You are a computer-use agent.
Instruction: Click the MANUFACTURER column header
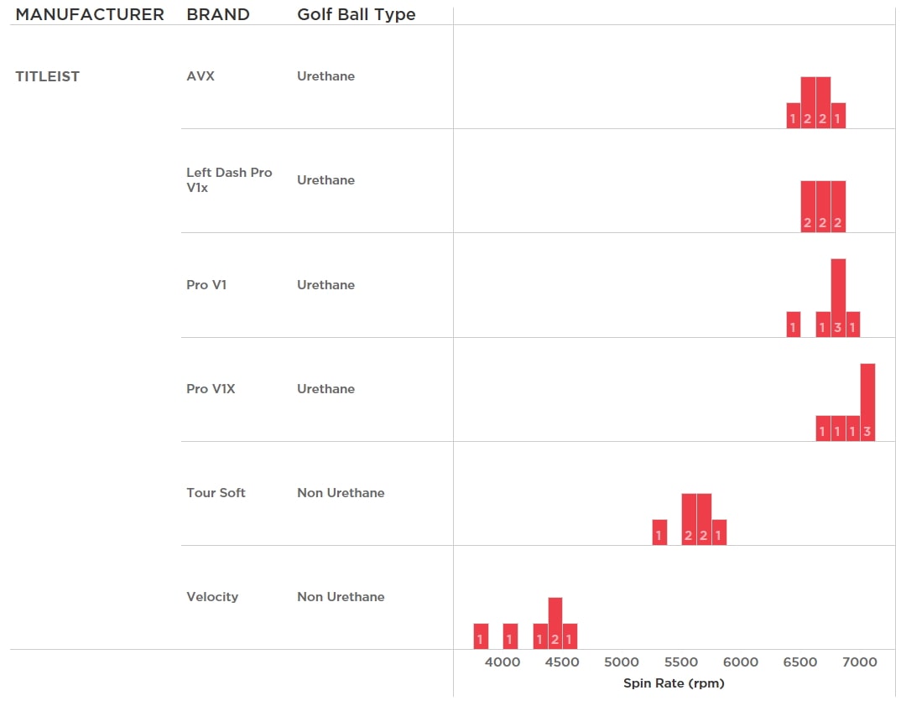coord(90,15)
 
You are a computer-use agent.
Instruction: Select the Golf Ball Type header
coord(357,15)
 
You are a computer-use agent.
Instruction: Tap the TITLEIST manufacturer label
coord(48,76)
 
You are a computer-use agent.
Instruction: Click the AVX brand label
coord(200,76)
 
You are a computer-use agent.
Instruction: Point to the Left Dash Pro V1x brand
coord(229,180)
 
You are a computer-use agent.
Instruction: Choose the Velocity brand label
coord(212,597)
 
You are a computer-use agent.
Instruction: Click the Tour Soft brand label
coord(216,493)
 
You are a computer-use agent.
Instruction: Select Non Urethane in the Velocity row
coord(341,597)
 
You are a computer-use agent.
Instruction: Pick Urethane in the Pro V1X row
coord(325,389)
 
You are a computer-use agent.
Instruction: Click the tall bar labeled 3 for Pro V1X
coord(867,402)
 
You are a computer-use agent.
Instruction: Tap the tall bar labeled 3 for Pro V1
coord(838,298)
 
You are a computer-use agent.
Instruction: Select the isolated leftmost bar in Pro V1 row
coord(793,324)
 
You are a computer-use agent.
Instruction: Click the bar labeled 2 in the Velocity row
coord(555,623)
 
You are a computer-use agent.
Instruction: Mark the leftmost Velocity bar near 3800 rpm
coord(481,636)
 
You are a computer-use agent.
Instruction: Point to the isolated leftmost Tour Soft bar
coord(659,532)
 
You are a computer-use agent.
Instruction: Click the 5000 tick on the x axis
coord(622,662)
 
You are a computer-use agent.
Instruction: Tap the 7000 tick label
coord(860,662)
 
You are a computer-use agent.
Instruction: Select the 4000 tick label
coord(502,662)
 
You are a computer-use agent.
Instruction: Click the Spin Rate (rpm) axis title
coord(674,683)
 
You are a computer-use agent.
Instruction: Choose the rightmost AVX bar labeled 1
coord(838,116)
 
